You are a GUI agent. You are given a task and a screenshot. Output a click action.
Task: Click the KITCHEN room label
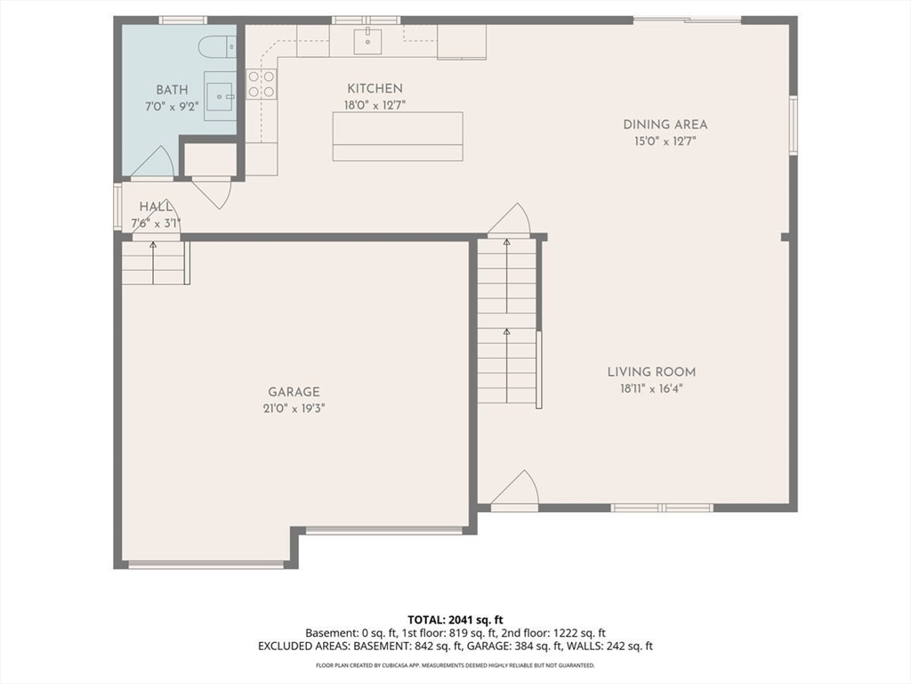pyautogui.click(x=375, y=88)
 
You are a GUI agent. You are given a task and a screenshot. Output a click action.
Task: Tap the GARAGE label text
pyautogui.click(x=294, y=392)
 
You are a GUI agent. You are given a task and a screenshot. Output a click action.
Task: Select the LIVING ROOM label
pyautogui.click(x=651, y=372)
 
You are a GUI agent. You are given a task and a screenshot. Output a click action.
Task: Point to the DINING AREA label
pyautogui.click(x=665, y=125)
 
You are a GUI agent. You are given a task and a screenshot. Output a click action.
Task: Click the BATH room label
pyautogui.click(x=172, y=90)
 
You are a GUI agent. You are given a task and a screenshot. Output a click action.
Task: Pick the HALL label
pyautogui.click(x=156, y=207)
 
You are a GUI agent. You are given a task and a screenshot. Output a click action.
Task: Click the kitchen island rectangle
pyautogui.click(x=398, y=136)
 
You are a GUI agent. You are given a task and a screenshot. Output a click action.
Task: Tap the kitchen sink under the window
pyautogui.click(x=367, y=41)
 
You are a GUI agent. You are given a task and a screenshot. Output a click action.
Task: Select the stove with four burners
pyautogui.click(x=261, y=84)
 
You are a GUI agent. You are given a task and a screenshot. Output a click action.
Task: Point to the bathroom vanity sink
pyautogui.click(x=221, y=96)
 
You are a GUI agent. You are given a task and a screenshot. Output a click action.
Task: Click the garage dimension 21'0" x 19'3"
pyautogui.click(x=294, y=408)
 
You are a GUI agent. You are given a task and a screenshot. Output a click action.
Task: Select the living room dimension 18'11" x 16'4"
pyautogui.click(x=651, y=388)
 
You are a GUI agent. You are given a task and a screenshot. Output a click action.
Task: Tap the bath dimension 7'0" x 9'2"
pyautogui.click(x=172, y=107)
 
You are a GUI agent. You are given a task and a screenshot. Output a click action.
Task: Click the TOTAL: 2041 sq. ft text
pyautogui.click(x=455, y=620)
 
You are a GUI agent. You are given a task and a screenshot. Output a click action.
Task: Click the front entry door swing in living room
pyautogui.click(x=516, y=489)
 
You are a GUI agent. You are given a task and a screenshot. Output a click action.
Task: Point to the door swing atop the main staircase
pyautogui.click(x=509, y=219)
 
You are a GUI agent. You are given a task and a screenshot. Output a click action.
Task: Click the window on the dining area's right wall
pyautogui.click(x=793, y=126)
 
